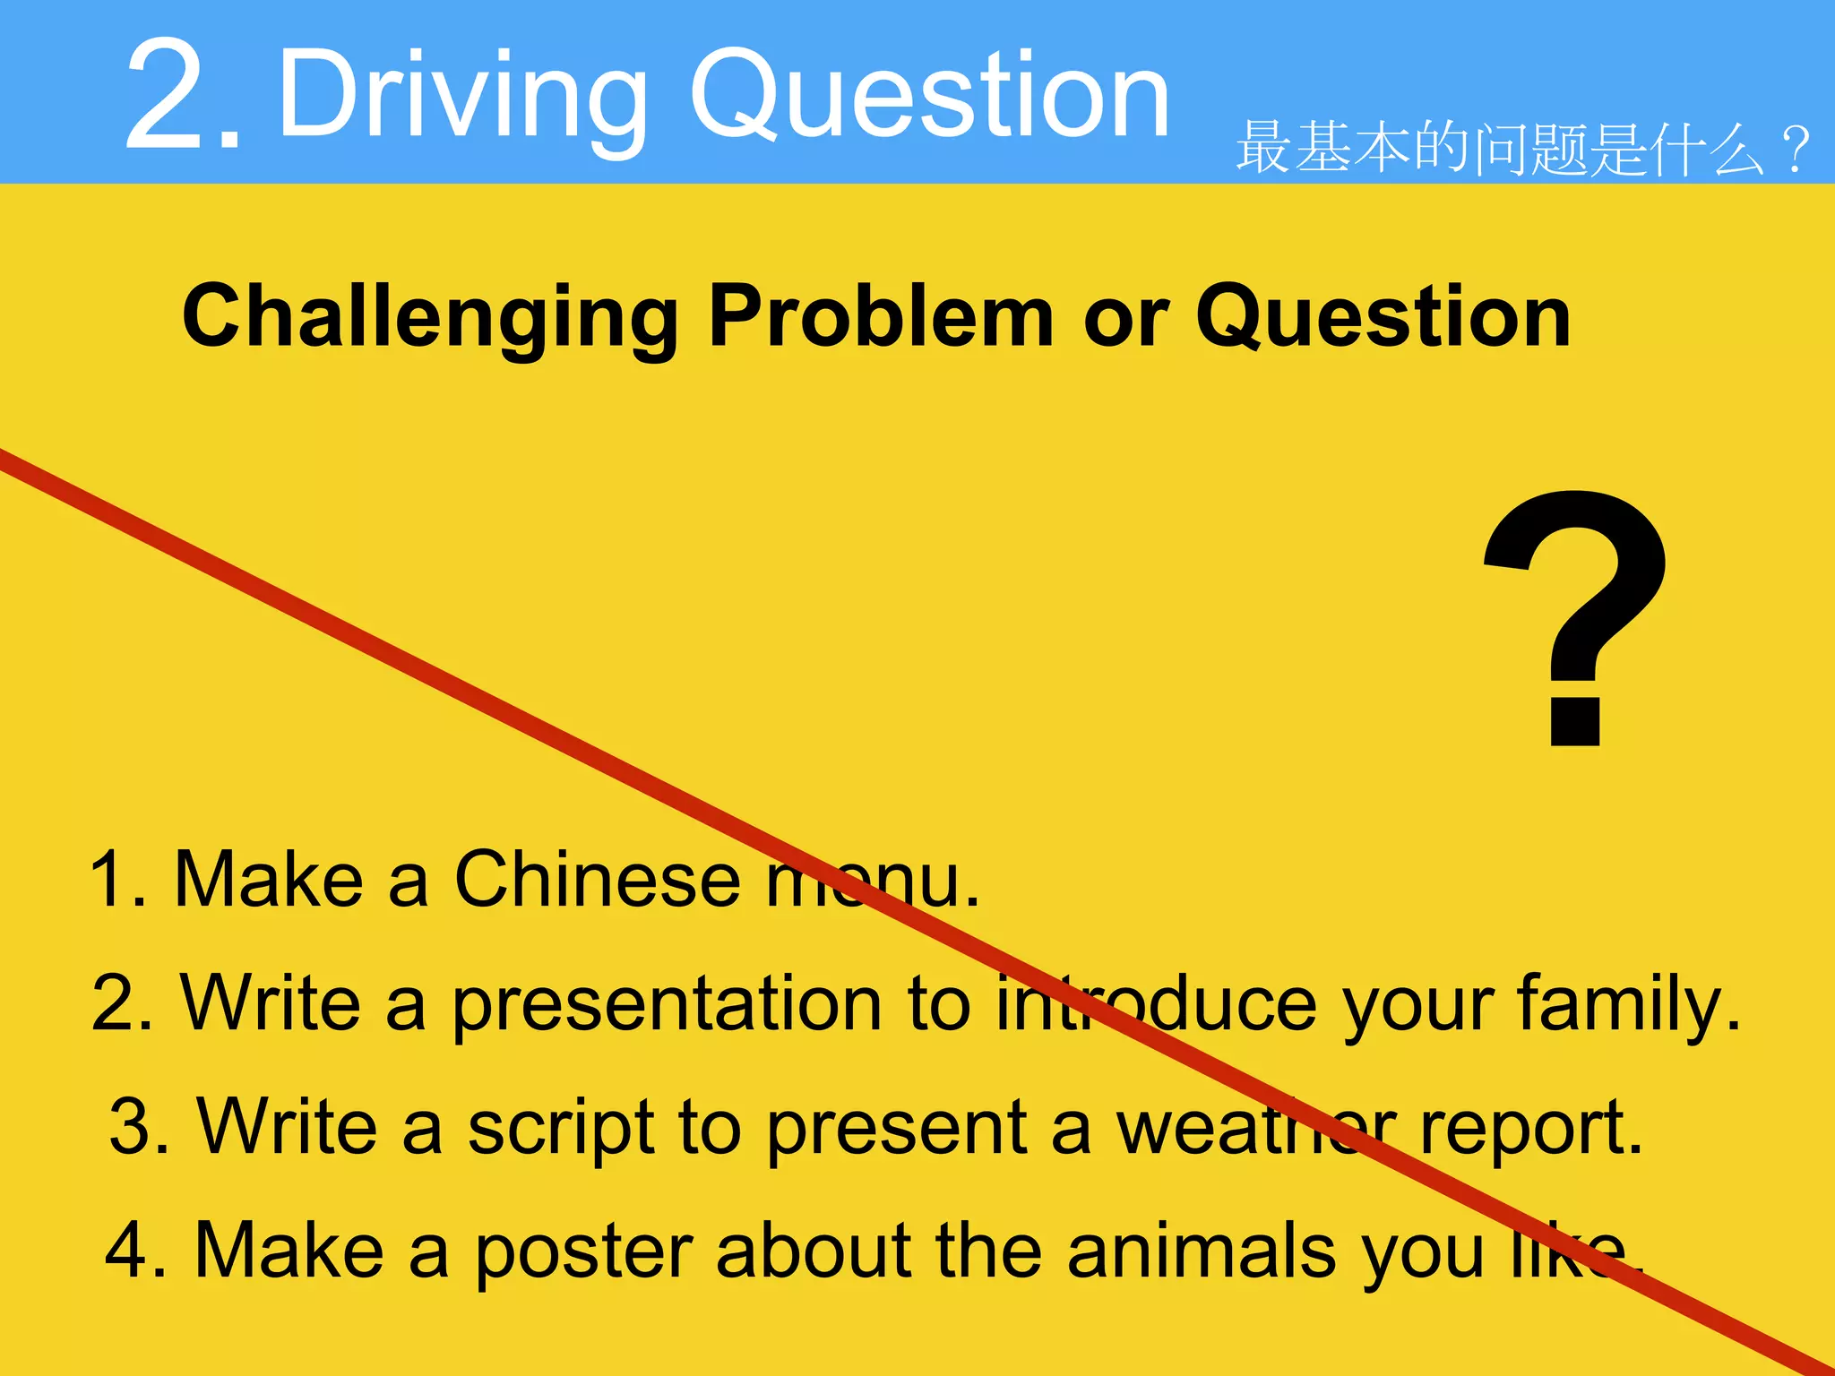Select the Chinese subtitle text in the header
[x=1523, y=149]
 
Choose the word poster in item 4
[x=583, y=1252]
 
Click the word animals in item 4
[x=1202, y=1251]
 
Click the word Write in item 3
[x=288, y=1127]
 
